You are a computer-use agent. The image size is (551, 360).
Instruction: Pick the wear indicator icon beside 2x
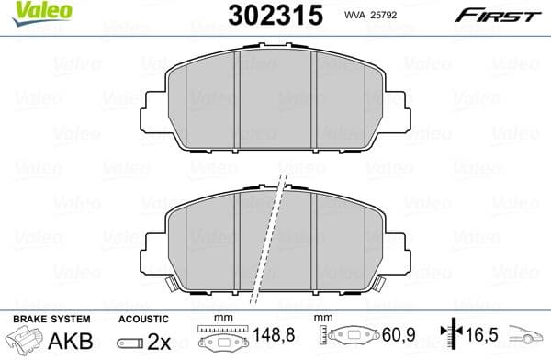pos(131,342)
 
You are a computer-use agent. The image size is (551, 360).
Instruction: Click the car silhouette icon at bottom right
pos(531,341)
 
